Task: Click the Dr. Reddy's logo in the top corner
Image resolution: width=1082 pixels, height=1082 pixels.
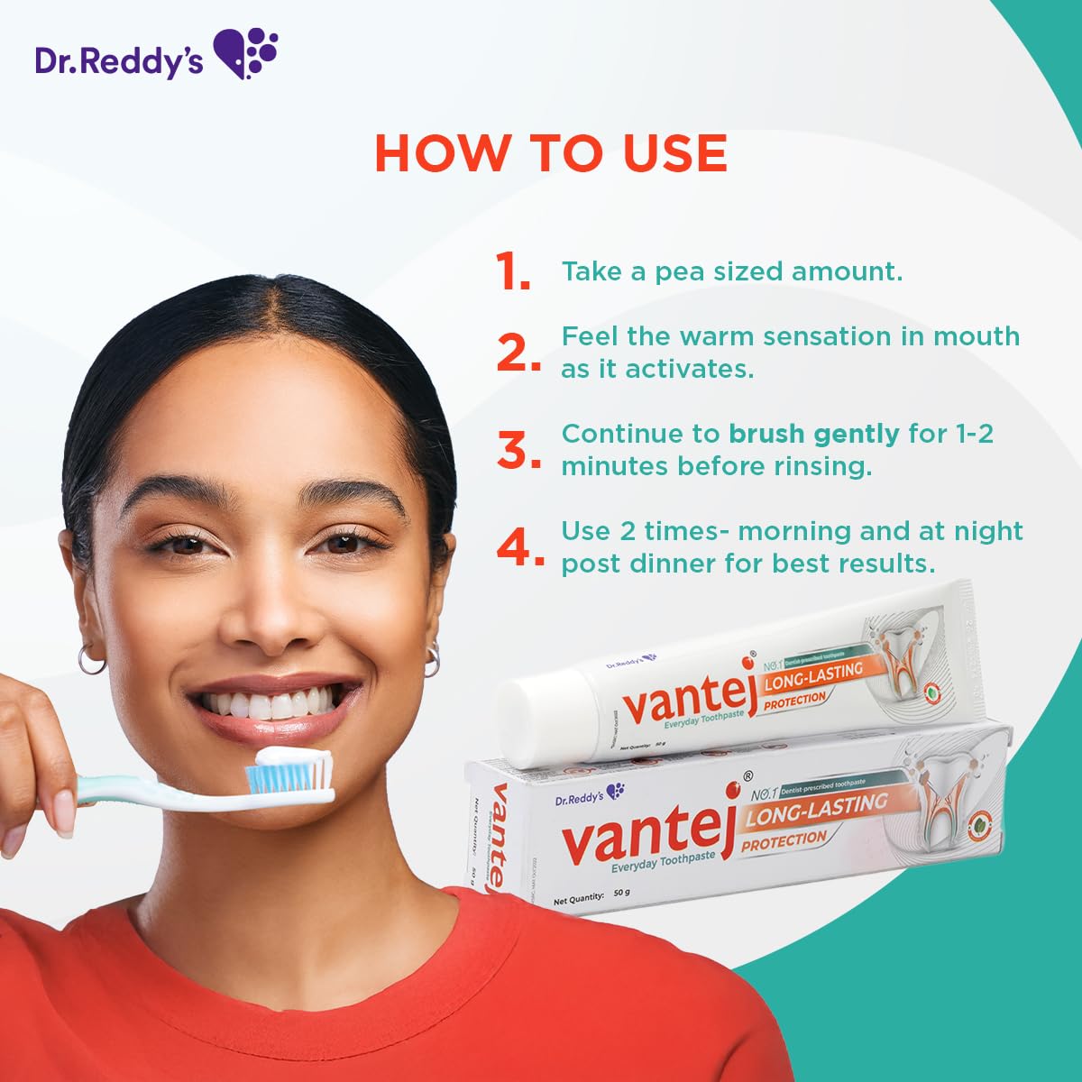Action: [x=156, y=55]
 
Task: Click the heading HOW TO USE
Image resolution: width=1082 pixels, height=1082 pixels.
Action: [x=550, y=153]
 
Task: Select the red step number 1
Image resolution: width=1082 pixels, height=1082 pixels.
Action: [x=511, y=271]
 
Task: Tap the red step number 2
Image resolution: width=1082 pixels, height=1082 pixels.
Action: [x=517, y=353]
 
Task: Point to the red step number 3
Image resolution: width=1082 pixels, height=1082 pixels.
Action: [x=518, y=450]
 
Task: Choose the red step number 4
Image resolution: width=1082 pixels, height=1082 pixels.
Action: [x=519, y=547]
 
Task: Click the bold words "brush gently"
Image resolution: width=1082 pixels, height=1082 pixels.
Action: [x=813, y=435]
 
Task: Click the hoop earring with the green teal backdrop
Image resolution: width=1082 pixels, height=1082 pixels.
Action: [x=432, y=659]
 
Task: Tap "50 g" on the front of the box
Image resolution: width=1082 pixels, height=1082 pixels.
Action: [x=620, y=894]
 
